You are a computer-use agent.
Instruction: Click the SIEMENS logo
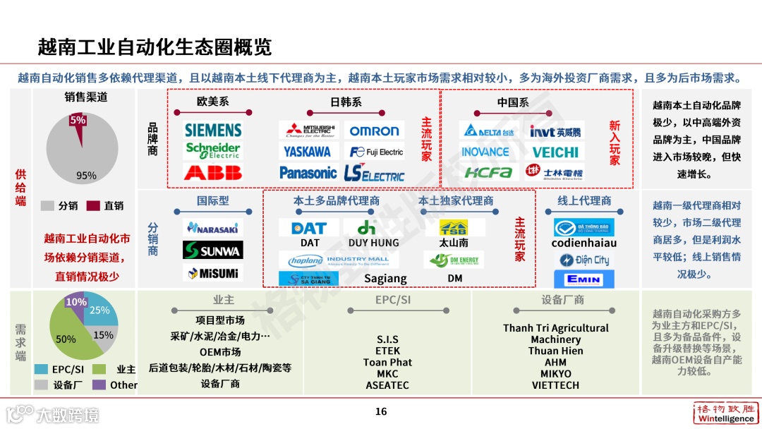[x=213, y=130]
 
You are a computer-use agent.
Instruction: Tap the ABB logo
[x=213, y=172]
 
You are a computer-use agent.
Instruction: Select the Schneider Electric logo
[x=213, y=150]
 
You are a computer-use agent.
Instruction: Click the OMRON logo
[x=375, y=131]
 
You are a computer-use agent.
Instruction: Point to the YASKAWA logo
[x=307, y=151]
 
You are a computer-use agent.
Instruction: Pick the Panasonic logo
[x=308, y=172]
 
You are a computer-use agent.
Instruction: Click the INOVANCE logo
[x=485, y=152]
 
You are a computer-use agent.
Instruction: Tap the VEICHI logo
[x=555, y=152]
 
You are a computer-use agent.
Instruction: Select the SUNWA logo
[x=212, y=250]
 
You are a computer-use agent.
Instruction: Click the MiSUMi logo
[x=212, y=272]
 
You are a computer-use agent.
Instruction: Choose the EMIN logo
[x=583, y=279]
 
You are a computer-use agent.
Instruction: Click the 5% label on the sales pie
[x=78, y=121]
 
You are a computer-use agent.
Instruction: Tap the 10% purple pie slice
[x=75, y=302]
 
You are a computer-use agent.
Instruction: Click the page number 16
[x=381, y=412]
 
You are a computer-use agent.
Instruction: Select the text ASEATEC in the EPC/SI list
[x=387, y=385]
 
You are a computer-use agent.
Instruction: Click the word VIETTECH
[x=555, y=385]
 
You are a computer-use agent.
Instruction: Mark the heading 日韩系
[x=346, y=102]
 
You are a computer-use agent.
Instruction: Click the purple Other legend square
[x=99, y=385]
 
